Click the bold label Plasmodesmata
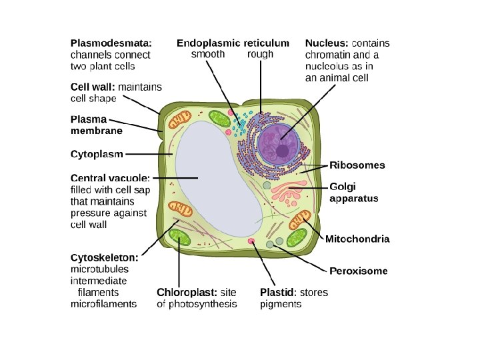[111, 43]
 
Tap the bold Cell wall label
[93, 87]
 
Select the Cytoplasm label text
[97, 154]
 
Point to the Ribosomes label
[357, 165]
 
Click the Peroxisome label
[359, 271]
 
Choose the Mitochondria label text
[357, 239]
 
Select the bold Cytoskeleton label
[105, 257]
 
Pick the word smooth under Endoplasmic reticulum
[208, 55]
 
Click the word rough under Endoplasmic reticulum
[260, 55]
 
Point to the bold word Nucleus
[327, 43]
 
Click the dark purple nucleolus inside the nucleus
[283, 151]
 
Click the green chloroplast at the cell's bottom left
[179, 236]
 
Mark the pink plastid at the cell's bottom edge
[251, 241]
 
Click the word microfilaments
[103, 304]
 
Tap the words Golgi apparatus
[354, 193]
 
